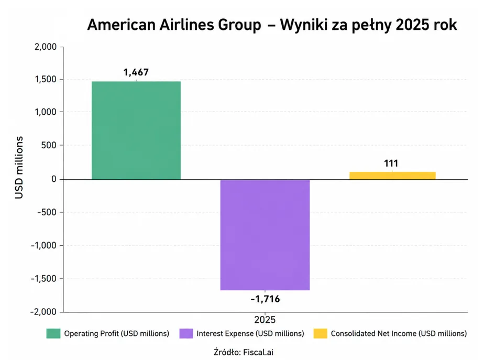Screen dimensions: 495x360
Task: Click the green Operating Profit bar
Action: pyautogui.click(x=136, y=130)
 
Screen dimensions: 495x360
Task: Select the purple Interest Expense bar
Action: pyautogui.click(x=265, y=235)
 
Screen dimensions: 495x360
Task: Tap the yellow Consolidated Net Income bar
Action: pyautogui.click(x=392, y=176)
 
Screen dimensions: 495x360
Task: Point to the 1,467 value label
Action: pyautogui.click(x=136, y=72)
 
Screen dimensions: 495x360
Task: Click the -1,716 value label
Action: pyautogui.click(x=265, y=299)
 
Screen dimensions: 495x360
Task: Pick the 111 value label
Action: pyautogui.click(x=391, y=163)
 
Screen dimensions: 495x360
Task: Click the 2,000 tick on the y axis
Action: pyautogui.click(x=46, y=47)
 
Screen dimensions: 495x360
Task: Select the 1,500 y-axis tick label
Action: pyautogui.click(x=46, y=79)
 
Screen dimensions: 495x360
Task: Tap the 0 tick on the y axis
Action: pyautogui.click(x=54, y=179)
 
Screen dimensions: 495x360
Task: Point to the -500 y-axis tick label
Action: pyautogui.click(x=47, y=212)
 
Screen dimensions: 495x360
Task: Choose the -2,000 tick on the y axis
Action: pyautogui.click(x=43, y=312)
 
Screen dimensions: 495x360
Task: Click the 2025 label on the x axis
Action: pyautogui.click(x=265, y=320)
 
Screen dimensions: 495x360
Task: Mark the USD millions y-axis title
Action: pyautogui.click(x=19, y=168)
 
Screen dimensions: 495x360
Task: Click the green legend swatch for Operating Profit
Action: pyautogui.click(x=53, y=333)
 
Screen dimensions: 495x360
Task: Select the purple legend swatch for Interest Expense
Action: pyautogui.click(x=186, y=333)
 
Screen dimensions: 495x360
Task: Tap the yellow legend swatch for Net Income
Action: pyautogui.click(x=321, y=333)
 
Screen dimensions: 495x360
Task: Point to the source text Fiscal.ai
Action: pyautogui.click(x=258, y=352)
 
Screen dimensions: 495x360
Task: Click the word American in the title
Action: pyautogui.click(x=121, y=25)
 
